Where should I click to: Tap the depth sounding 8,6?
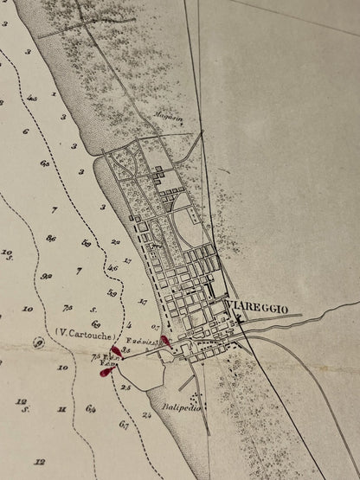[x=51, y=238]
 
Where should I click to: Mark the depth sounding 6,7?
[x=124, y=425]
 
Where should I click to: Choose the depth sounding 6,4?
[x=91, y=407]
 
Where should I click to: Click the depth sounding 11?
[x=61, y=407]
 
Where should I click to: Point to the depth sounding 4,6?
[x=112, y=268]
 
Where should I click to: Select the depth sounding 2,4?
[x=146, y=416]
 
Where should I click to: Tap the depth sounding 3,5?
[x=126, y=350]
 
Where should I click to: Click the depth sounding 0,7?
[x=155, y=327]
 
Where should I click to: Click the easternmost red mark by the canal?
[x=165, y=341]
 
